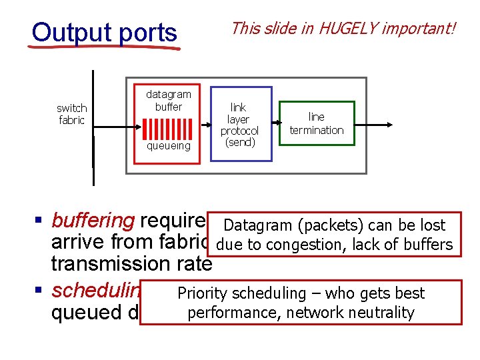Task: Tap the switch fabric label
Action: (72, 114)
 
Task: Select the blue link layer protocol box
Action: (241, 124)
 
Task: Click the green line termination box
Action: (317, 123)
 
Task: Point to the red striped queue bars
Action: (168, 128)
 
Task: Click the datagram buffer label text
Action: (168, 101)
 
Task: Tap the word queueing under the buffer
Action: (168, 145)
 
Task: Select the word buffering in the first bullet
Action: (93, 221)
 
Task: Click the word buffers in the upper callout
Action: (429, 245)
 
